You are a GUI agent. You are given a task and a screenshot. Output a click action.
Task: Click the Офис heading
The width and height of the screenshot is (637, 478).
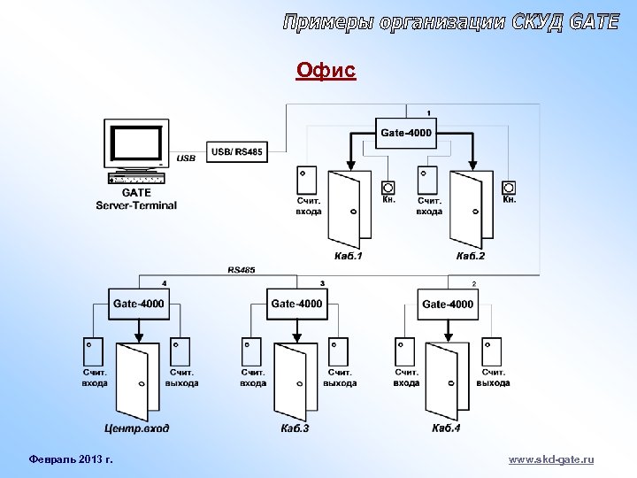[x=326, y=70]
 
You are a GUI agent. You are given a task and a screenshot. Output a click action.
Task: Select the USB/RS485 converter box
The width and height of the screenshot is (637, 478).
[x=236, y=152]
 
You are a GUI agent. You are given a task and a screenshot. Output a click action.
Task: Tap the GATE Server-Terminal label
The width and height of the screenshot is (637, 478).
[x=136, y=198]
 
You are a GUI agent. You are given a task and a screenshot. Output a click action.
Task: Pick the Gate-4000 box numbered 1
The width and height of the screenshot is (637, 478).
[x=406, y=134]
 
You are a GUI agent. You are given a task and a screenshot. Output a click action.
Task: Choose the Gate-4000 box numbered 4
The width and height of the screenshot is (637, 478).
[x=138, y=304]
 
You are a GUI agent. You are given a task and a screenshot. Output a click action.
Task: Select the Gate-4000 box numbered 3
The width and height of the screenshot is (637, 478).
[x=296, y=304]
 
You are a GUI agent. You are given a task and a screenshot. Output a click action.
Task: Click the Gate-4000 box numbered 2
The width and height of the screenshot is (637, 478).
[x=447, y=304]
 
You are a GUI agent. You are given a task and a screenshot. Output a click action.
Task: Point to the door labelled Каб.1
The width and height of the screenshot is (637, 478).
[x=349, y=209]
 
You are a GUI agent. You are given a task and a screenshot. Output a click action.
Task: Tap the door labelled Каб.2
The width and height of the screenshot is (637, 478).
[x=470, y=209]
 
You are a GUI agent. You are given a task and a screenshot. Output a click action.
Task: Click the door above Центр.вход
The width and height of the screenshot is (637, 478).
[x=138, y=381]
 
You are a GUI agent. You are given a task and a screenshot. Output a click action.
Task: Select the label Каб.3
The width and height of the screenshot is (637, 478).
[x=295, y=428]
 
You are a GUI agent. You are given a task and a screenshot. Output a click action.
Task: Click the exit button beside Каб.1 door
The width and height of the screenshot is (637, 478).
[x=388, y=188]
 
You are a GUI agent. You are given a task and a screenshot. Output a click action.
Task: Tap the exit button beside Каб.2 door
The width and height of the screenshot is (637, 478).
[x=509, y=188]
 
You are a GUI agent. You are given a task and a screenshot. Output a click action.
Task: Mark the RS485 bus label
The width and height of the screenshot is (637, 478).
[x=241, y=269]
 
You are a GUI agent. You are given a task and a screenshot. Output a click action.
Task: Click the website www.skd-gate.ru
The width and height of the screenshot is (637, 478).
[x=551, y=459]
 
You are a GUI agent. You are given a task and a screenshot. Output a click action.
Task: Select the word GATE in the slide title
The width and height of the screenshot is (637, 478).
[x=589, y=23]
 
